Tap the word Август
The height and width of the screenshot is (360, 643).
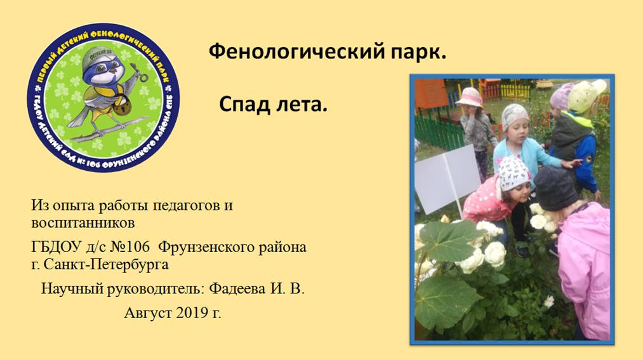click(x=148, y=314)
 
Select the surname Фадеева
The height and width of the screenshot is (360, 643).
click(x=237, y=289)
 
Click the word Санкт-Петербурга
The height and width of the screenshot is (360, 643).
click(x=106, y=265)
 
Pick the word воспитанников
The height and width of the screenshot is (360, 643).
click(x=83, y=223)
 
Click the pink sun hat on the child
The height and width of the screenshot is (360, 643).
click(x=470, y=97)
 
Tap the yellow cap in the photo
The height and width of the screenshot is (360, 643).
click(x=586, y=96)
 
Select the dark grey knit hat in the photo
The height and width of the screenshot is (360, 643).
click(x=555, y=187)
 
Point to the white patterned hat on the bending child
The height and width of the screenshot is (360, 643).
click(x=514, y=173)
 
